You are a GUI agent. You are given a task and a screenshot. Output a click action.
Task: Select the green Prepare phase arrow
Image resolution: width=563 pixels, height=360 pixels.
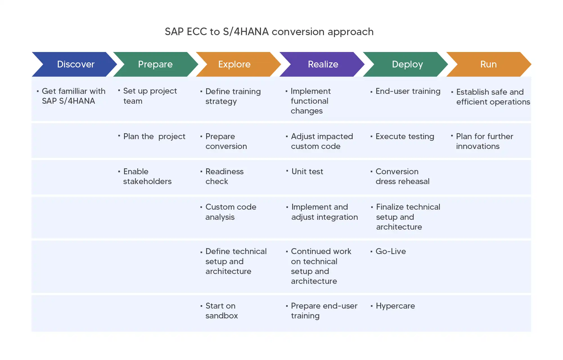coord(155,64)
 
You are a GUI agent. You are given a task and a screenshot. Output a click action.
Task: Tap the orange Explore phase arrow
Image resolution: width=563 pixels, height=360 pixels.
coord(234,64)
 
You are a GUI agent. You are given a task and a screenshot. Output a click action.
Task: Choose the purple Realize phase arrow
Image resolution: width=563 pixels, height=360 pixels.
coord(323,64)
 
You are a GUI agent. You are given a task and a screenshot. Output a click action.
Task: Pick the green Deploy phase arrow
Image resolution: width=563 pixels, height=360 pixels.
coord(407,64)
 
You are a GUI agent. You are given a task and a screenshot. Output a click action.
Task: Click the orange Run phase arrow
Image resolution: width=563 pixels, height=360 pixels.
coord(488,64)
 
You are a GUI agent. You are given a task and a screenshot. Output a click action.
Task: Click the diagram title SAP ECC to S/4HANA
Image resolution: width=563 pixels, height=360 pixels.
coord(269,32)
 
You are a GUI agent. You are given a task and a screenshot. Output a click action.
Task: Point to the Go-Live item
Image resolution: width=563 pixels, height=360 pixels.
coord(391,251)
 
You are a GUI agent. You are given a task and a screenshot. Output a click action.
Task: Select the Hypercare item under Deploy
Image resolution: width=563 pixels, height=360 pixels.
coord(395,306)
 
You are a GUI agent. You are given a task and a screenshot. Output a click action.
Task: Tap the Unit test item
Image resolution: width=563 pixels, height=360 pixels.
coord(307,171)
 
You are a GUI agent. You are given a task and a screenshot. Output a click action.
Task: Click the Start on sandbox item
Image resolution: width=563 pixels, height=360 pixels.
coord(222,311)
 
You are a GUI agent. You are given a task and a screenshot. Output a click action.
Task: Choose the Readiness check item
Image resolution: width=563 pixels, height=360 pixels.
coord(224,176)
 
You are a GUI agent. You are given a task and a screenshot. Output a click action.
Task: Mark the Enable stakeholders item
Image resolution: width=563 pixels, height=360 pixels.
coord(147,176)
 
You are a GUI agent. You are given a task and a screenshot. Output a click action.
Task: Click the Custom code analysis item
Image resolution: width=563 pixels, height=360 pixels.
coord(231,212)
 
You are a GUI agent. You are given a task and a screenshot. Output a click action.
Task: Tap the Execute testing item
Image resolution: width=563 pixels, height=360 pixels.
coord(405,137)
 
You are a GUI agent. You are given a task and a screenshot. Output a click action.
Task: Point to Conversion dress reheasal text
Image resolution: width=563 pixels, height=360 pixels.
coord(402,176)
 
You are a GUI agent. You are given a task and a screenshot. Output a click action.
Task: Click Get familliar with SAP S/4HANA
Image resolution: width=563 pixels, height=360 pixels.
coord(73,96)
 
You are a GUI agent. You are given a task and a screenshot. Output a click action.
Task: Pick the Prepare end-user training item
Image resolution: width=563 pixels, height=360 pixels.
coord(324,311)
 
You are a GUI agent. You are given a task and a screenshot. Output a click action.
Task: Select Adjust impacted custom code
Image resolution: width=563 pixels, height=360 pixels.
coord(322,141)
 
